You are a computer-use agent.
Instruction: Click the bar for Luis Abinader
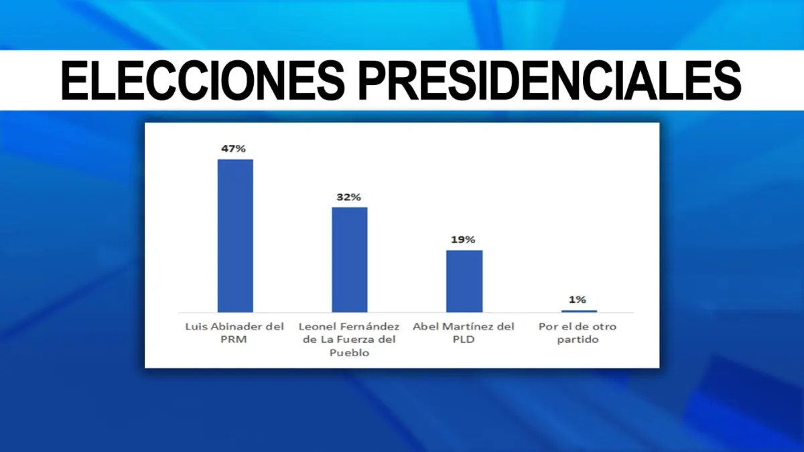click(235, 235)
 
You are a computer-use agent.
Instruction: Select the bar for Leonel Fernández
click(350, 259)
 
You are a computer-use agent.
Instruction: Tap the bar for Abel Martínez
click(464, 281)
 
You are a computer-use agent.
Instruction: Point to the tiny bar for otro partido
click(579, 311)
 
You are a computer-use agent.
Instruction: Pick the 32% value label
click(349, 198)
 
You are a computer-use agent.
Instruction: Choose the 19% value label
click(464, 240)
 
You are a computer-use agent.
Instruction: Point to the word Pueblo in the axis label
click(349, 353)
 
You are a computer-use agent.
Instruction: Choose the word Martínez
click(469, 327)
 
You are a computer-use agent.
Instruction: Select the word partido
click(579, 340)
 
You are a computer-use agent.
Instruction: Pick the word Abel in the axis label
click(425, 327)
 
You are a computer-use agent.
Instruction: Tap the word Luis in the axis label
click(196, 327)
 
